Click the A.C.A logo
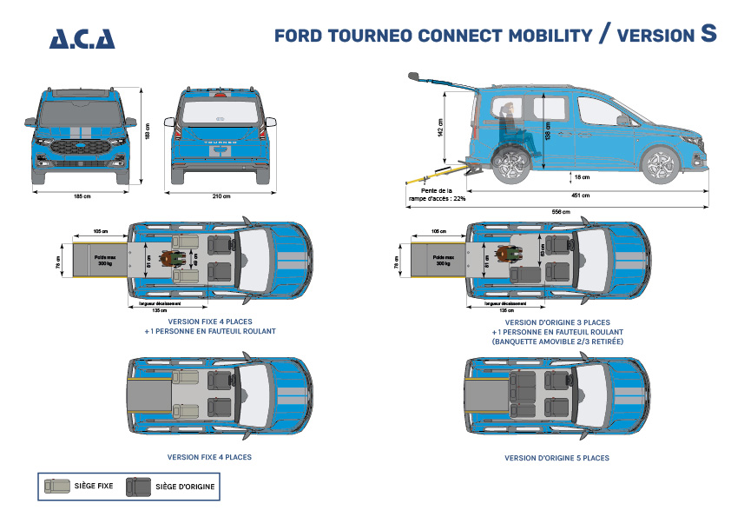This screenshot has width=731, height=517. [x=82, y=38]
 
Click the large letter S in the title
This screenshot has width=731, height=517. [x=708, y=34]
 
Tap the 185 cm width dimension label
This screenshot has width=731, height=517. [x=82, y=196]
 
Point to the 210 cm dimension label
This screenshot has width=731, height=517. [x=221, y=196]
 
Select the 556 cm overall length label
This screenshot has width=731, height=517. [x=560, y=212]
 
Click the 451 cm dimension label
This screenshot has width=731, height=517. [x=581, y=196]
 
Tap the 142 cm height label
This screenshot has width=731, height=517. [x=441, y=129]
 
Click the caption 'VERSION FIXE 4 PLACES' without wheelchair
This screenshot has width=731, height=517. [x=209, y=456]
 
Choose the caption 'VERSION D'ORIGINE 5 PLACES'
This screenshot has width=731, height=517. [x=556, y=458]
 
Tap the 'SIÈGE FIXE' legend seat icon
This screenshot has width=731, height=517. [x=57, y=487]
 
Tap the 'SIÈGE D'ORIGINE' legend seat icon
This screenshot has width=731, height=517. [x=138, y=487]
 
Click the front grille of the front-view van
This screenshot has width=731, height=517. [x=82, y=148]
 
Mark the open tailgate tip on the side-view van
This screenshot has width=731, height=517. [x=415, y=76]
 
